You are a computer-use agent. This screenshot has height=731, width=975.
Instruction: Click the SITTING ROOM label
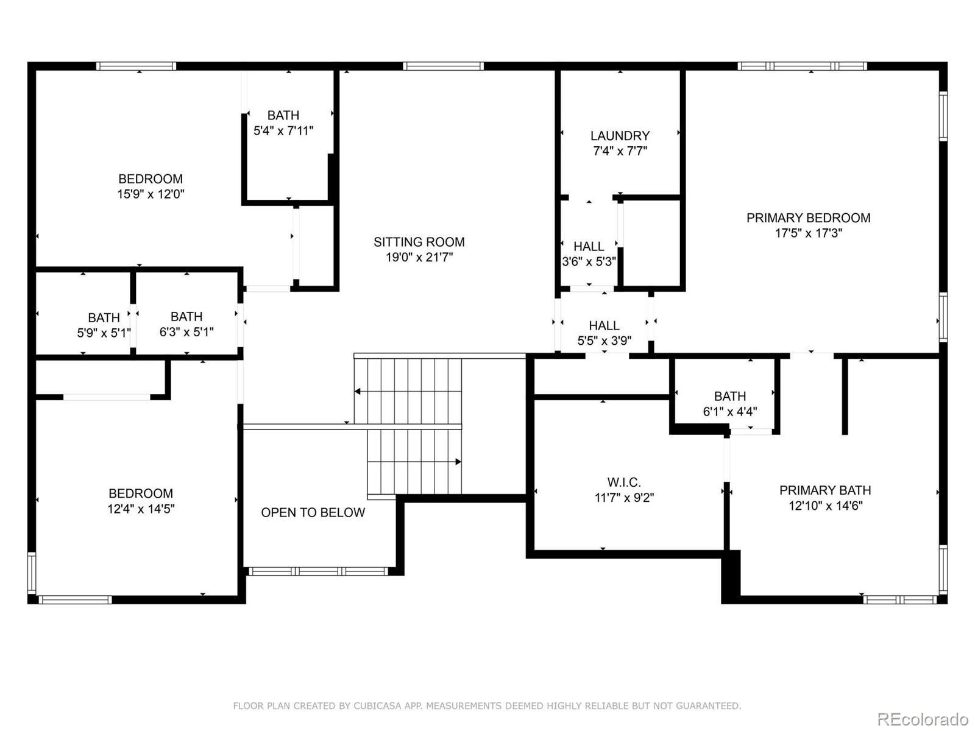419,242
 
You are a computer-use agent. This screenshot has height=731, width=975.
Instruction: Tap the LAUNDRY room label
620,136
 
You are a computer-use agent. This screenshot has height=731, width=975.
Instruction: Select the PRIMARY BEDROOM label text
808,218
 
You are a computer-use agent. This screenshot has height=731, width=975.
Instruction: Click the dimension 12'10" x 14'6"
825,506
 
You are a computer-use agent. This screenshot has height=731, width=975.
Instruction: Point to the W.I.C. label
624,482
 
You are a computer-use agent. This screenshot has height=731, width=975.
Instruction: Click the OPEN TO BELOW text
313,513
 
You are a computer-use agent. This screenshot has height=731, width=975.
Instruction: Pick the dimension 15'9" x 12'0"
151,194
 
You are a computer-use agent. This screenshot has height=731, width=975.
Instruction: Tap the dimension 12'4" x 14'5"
141,509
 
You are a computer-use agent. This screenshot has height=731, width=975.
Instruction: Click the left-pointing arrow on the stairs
358,391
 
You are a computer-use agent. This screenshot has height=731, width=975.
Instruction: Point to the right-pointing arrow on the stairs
458,462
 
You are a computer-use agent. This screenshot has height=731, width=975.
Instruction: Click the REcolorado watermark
923,719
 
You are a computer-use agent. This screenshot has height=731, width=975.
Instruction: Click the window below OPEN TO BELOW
317,571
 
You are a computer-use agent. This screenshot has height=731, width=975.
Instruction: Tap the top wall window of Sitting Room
443,66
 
